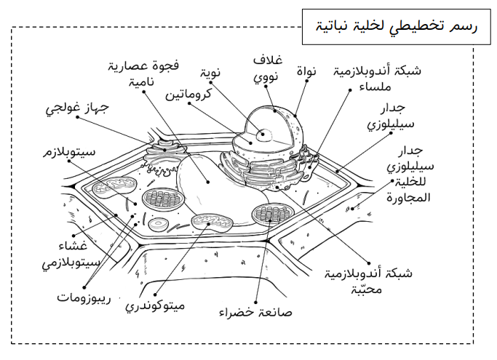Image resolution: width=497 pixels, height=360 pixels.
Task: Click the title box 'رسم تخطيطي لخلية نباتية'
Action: (x=396, y=27)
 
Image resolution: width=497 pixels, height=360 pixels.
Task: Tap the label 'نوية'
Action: (x=210, y=73)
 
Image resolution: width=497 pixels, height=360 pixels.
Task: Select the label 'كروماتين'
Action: (x=188, y=94)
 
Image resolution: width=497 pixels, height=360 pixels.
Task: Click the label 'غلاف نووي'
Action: (x=268, y=68)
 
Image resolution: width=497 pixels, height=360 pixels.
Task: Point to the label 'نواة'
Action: (x=306, y=71)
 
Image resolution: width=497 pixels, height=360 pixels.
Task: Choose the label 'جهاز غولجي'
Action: (x=77, y=108)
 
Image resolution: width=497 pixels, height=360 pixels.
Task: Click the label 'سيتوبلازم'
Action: (x=69, y=152)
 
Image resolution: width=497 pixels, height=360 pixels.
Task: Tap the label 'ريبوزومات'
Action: (x=84, y=298)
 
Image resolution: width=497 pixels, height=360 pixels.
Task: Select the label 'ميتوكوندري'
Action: (x=155, y=305)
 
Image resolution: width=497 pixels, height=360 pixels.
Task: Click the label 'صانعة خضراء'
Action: (x=255, y=313)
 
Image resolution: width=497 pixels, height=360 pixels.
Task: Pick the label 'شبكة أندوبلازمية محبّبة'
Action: (x=368, y=281)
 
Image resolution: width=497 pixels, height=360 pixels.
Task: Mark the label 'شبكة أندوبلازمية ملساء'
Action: (x=377, y=79)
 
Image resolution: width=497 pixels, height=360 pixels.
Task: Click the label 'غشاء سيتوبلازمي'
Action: (x=71, y=255)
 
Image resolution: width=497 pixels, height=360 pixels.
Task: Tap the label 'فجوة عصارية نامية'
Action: (x=143, y=73)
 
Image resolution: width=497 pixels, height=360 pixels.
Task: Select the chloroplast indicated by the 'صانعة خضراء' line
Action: (x=271, y=215)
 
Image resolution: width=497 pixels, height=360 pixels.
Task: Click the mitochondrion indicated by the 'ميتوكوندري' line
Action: (x=212, y=222)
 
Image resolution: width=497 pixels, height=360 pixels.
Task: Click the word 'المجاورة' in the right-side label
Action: (x=408, y=198)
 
